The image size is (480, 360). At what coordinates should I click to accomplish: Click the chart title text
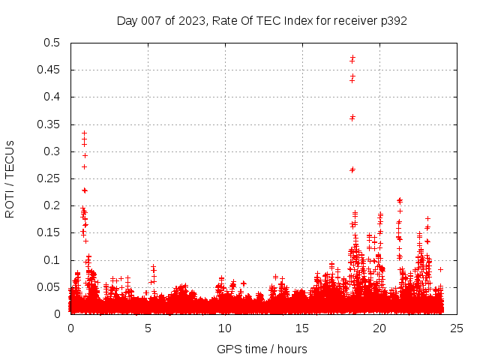pos(262,20)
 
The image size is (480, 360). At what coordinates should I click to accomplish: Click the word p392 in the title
pos(392,20)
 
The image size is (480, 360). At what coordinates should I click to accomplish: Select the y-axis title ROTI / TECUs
pos(10,178)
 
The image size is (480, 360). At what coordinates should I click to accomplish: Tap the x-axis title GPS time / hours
pos(262,349)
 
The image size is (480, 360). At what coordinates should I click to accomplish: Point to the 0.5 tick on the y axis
pos(54,43)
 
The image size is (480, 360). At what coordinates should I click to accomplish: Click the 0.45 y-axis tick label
pos(51,70)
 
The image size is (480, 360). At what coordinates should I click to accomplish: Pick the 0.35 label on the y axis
pos(51,124)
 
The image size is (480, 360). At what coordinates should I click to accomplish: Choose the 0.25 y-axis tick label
pos(51,178)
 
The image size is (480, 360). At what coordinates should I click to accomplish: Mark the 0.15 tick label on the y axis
pos(51,232)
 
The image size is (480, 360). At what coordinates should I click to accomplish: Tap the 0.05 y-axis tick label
pos(51,287)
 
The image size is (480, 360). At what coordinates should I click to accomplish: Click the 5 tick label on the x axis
pos(148,328)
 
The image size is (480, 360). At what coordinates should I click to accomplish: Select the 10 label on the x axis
pos(225,328)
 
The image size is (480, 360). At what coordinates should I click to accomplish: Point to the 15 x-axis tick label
pos(302,328)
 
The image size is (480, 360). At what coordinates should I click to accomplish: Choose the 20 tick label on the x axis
pos(379,328)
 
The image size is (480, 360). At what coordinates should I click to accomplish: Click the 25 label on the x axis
pos(457,328)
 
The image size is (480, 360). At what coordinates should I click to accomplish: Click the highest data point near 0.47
pos(352,57)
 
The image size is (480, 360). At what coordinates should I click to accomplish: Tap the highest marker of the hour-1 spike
pos(84,133)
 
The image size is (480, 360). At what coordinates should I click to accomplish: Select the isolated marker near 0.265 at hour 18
pos(352,169)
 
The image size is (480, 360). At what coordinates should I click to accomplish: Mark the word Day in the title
pos(127,20)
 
